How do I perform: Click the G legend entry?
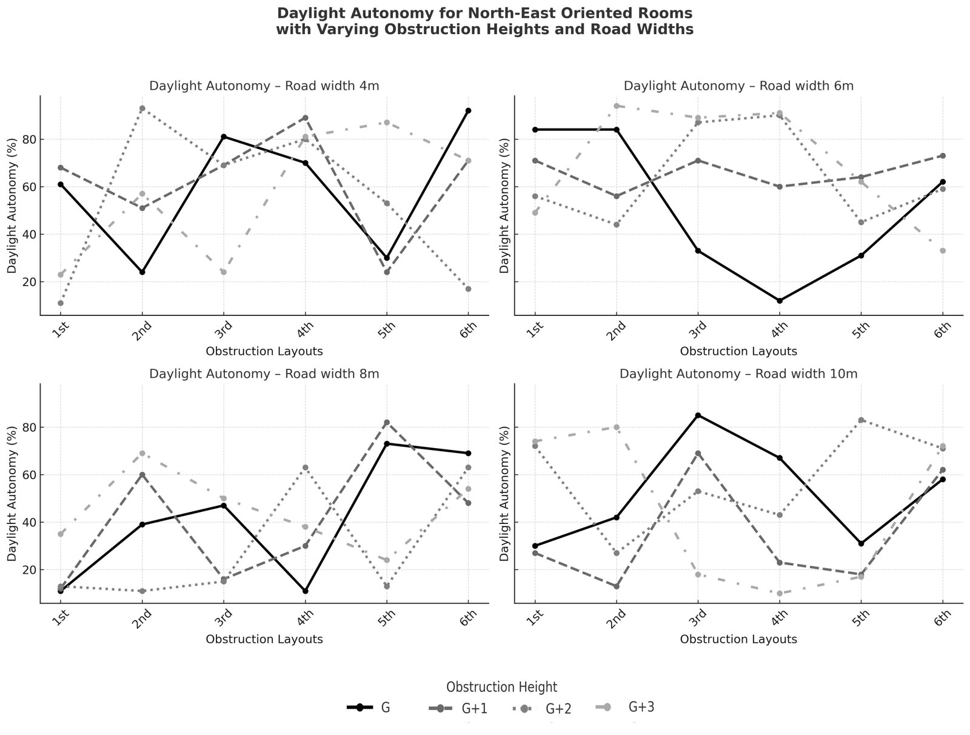tap(385, 707)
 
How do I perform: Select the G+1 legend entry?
tap(474, 708)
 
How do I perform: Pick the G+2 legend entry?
tap(558, 708)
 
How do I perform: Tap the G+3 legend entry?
tap(642, 706)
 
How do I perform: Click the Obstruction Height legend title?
tap(501, 686)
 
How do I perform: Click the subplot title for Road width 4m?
tap(264, 86)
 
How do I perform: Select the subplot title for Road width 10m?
tap(738, 374)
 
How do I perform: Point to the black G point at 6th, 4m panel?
tap(468, 110)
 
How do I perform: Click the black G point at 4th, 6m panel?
tap(780, 301)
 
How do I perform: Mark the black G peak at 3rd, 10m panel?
tap(698, 415)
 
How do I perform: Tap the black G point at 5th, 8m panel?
tap(387, 444)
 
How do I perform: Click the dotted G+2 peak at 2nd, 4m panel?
tap(142, 109)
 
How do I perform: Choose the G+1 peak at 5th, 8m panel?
tap(387, 423)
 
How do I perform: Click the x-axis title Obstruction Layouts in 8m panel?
tap(264, 639)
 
